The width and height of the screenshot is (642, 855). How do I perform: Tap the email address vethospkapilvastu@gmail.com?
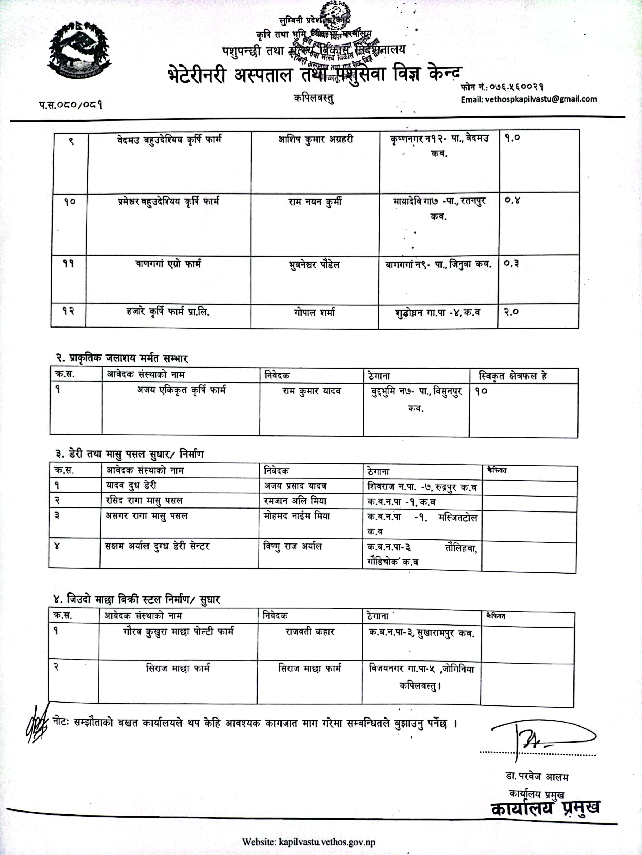click(x=528, y=99)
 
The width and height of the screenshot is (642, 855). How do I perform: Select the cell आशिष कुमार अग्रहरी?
click(x=316, y=140)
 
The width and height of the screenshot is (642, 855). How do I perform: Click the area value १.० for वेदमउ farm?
click(x=512, y=137)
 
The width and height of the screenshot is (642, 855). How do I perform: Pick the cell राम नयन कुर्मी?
click(x=315, y=202)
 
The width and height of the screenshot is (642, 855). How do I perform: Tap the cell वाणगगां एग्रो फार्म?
click(x=168, y=264)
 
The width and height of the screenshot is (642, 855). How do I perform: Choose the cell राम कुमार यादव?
click(x=312, y=391)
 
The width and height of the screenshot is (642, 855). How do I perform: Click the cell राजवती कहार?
click(x=310, y=632)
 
